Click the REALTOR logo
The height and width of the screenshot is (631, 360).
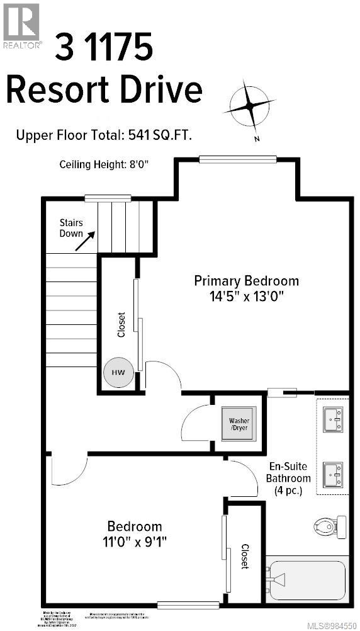pos(22,25)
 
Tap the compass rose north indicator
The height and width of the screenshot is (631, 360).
pos(250,107)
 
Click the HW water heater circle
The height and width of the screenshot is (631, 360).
pos(118,372)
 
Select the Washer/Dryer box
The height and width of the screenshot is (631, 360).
pos(239,423)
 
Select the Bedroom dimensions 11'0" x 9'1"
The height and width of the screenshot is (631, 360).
pos(134,540)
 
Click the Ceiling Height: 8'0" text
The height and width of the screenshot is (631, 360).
pos(104,165)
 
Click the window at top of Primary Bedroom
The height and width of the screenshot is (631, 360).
pos(237,159)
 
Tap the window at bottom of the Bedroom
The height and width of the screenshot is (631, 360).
pos(188,605)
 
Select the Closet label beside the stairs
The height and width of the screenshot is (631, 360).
pos(121,325)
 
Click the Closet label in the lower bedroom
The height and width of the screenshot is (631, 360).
pos(245,557)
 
